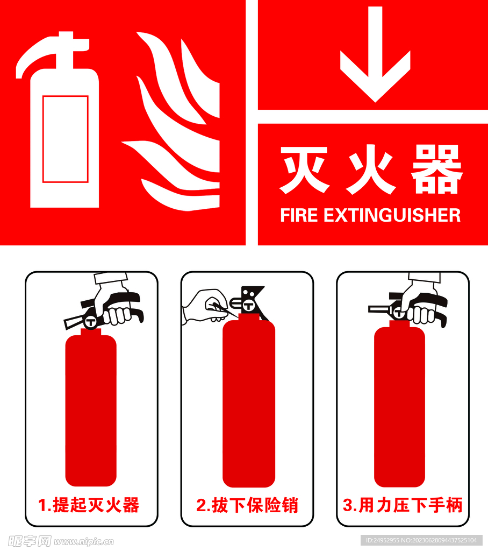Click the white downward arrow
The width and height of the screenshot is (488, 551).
(375, 59)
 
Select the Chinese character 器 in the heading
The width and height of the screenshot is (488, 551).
(436, 170)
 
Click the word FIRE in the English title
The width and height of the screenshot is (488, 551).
(299, 215)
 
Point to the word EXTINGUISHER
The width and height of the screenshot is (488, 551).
(392, 215)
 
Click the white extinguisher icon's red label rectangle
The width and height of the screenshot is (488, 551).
(65, 139)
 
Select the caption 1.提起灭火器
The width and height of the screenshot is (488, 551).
(89, 505)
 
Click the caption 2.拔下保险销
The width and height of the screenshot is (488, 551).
(247, 505)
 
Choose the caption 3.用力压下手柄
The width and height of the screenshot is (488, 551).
(403, 505)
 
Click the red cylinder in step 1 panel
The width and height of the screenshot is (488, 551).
(91, 409)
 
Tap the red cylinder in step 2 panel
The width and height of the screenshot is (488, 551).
(248, 404)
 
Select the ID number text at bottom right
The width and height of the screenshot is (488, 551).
(421, 540)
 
